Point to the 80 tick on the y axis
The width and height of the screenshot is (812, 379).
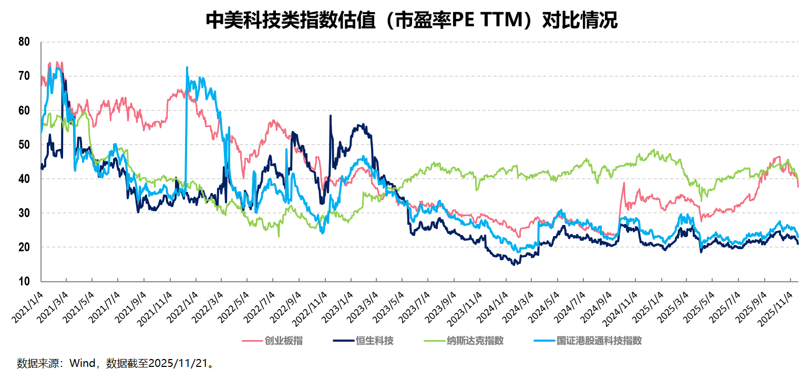point(23,42)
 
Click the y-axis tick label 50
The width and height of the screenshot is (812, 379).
point(23,145)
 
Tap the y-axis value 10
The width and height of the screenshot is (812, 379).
point(23,281)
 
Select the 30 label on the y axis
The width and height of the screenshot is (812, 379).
point(23,213)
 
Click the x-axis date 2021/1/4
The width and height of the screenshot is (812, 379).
point(28,305)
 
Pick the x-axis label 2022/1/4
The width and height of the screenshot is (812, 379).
point(183,305)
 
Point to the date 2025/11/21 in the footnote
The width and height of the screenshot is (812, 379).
point(178,363)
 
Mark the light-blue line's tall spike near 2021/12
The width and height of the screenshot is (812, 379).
point(187,68)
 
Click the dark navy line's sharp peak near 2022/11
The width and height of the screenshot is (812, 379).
point(331,116)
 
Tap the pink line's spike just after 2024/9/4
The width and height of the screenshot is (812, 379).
point(624,183)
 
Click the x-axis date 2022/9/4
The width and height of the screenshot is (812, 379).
point(286,305)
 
